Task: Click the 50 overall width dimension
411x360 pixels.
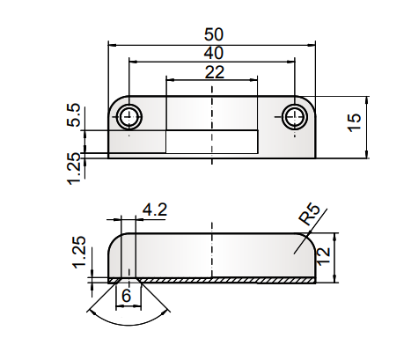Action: [x=213, y=33]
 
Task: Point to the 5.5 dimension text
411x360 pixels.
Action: [x=74, y=115]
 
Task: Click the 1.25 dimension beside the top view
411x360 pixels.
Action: [x=74, y=167]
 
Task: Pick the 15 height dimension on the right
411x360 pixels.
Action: [x=355, y=122]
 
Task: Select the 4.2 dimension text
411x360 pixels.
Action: [x=155, y=209]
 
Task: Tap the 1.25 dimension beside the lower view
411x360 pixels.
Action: [x=77, y=253]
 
